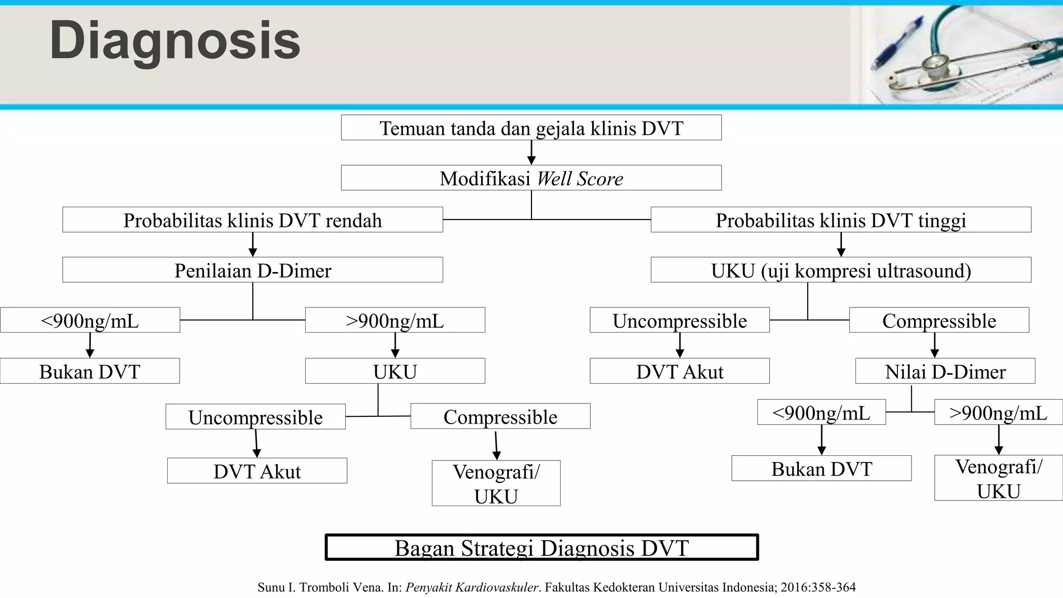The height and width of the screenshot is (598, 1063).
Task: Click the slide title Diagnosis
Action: coord(175,41)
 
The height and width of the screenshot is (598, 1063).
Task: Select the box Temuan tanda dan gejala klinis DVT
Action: coord(531,128)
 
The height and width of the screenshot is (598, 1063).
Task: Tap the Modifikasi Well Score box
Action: coord(531,178)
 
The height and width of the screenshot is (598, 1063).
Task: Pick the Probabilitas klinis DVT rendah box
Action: coord(252,220)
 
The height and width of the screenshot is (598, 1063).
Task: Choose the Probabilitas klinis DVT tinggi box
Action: coord(840,220)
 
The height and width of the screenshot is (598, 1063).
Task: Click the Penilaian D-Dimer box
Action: coord(252,270)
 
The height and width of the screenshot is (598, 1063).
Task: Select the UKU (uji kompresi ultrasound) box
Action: coord(840,270)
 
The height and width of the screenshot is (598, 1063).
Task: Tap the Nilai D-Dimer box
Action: coord(945,371)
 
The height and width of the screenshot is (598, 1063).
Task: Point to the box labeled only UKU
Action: coord(395,371)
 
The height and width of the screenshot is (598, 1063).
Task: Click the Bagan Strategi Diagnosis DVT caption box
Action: coord(541,548)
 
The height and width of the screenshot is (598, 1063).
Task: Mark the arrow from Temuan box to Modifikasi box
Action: coord(531,153)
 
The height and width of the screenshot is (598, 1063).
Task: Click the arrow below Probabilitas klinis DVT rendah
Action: coord(253,245)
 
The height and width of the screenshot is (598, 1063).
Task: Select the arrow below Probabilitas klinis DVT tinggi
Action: coord(841,245)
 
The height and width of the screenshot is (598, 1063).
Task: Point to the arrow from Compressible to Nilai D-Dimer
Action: coord(935,345)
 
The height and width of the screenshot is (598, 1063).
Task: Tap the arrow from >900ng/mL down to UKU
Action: coord(395,345)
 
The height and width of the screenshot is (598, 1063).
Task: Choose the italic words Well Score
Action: coord(579,179)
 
